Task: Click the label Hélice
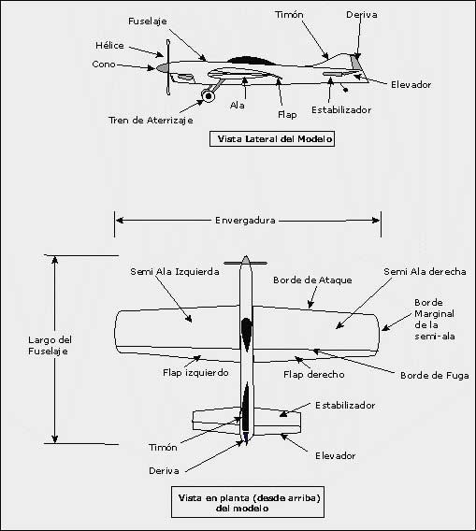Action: click(x=109, y=46)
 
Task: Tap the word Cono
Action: click(x=104, y=65)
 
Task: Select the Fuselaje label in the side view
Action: click(x=148, y=22)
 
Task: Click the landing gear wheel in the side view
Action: click(x=208, y=96)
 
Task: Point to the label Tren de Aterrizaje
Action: click(x=151, y=121)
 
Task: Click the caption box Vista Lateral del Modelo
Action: click(x=272, y=139)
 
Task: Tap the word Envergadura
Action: click(x=245, y=221)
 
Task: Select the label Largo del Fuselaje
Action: click(x=50, y=345)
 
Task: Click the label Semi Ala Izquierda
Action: click(x=175, y=272)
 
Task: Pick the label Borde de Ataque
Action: click(x=312, y=280)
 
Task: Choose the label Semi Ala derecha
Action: click(x=425, y=272)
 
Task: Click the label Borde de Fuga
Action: click(x=435, y=376)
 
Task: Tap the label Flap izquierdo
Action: click(x=195, y=373)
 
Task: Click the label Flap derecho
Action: click(x=313, y=375)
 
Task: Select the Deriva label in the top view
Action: click(x=164, y=471)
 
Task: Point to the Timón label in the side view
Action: click(x=289, y=15)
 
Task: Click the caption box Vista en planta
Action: click(x=248, y=502)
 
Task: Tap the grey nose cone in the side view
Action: click(x=163, y=67)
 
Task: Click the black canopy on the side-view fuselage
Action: click(x=252, y=60)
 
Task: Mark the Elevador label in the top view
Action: click(x=336, y=456)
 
